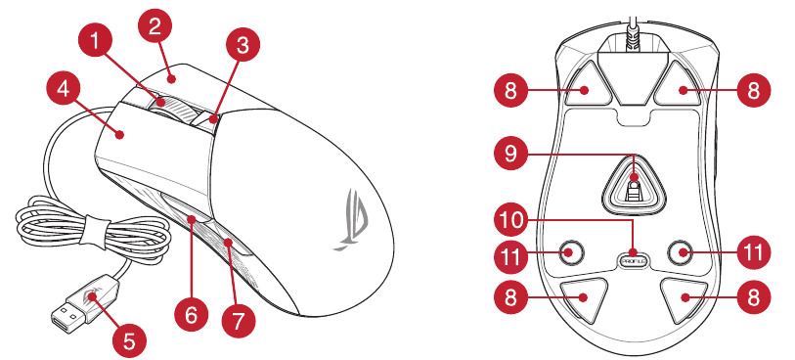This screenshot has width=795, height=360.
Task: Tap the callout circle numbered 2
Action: [x=155, y=26]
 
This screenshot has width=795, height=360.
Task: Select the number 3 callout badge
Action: [x=243, y=46]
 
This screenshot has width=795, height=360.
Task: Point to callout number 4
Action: [x=64, y=90]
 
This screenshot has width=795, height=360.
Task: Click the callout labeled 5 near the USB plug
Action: [x=129, y=340]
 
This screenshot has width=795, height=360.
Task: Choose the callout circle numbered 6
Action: [x=191, y=315]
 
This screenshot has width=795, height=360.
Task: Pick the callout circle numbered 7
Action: [x=239, y=320]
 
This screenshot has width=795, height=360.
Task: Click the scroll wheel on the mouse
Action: [x=166, y=108]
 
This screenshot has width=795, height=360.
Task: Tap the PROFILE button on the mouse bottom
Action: [x=634, y=261]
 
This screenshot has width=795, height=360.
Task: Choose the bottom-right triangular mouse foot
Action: [x=683, y=298]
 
